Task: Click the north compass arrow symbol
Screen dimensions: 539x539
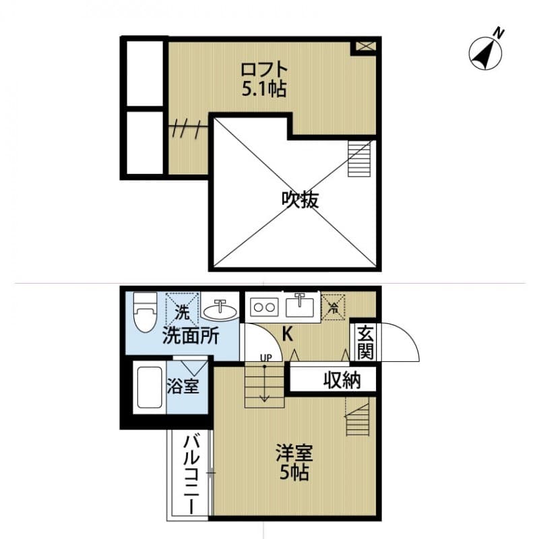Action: pos(486,52)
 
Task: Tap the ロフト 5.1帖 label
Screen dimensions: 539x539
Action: pos(264,79)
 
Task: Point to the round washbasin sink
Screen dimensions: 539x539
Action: pos(220,311)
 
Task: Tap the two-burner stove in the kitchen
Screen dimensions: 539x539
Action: pos(263,307)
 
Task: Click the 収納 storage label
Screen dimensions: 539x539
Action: pos(341,380)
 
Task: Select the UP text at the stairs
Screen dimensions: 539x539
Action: pos(265,358)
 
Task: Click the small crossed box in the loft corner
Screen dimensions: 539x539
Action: pos(364,46)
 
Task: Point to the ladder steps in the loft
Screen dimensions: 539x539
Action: pos(358,158)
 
